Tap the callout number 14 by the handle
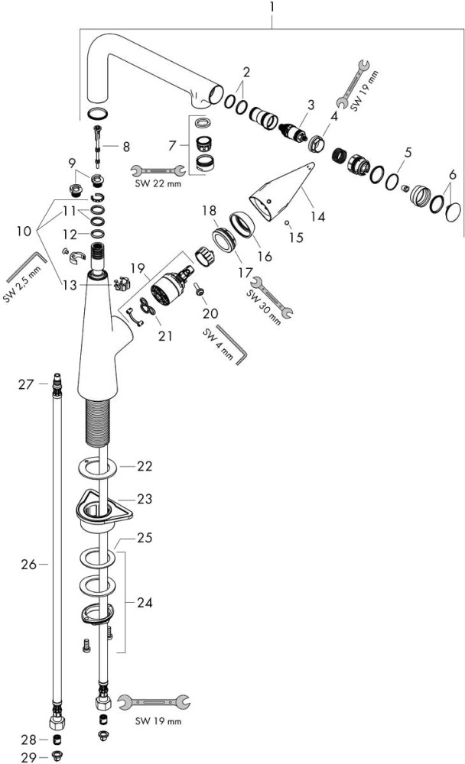[317, 216]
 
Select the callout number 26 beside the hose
[29, 565]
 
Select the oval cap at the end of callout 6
[453, 211]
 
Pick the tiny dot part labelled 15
[285, 222]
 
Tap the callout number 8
[126, 145]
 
